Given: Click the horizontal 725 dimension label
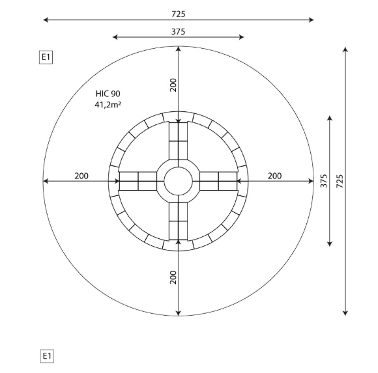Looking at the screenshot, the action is (x=179, y=14).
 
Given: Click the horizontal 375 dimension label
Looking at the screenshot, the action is (x=178, y=31).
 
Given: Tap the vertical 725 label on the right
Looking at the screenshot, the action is (x=340, y=181).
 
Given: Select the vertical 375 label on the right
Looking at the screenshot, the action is (x=324, y=181).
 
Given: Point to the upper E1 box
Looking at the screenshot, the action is (x=46, y=57).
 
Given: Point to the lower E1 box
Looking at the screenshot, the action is (x=47, y=356).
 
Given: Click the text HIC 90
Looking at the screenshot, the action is (x=108, y=94).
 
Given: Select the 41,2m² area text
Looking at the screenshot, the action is (x=108, y=105).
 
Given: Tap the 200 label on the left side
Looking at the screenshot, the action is (x=81, y=176).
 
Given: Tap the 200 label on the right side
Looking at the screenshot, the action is (x=274, y=176).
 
